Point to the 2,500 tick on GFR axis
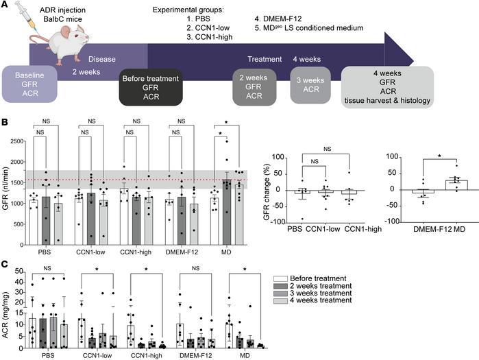coord(21,135)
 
